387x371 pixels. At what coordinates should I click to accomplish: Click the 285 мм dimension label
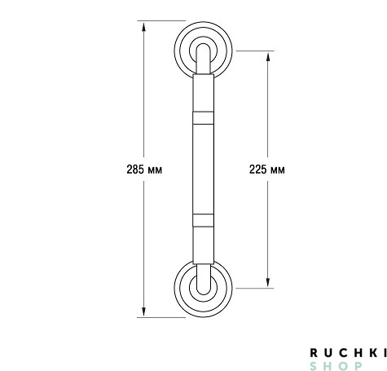tap(144, 170)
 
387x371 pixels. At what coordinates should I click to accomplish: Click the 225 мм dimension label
tap(267, 170)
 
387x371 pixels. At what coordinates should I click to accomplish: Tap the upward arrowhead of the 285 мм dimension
tap(143, 27)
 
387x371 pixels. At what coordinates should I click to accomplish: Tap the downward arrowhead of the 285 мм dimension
tap(143, 311)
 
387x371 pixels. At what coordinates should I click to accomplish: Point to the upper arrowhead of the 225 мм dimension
tap(268, 57)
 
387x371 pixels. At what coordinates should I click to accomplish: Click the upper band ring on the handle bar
tap(203, 118)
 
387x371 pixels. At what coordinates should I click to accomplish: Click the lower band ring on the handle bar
tap(203, 220)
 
